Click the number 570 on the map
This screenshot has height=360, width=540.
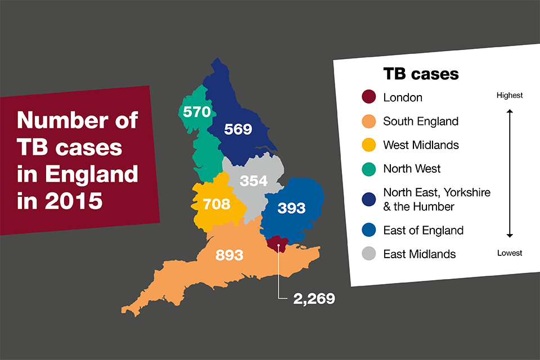coord(196,112)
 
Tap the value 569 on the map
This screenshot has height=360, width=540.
coord(238,129)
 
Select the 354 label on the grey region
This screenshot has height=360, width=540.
coord(254,181)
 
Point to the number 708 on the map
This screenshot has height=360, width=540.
coord(217,204)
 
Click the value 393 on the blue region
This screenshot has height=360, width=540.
coord(291,209)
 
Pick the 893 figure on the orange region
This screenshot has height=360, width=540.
coord(229,255)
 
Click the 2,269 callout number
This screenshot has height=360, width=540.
coord(314,299)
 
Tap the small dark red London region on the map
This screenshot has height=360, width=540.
coord(277,244)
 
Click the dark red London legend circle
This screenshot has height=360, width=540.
coord(368,97)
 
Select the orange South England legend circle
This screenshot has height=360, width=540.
coord(368,121)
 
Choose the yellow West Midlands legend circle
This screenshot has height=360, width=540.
coord(368,145)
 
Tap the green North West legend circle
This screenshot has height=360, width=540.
coord(368,169)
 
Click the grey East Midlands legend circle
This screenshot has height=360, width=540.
coord(368,254)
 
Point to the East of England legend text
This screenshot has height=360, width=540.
coord(423,230)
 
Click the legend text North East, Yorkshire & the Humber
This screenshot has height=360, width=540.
coord(436,199)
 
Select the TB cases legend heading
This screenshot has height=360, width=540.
coord(421,74)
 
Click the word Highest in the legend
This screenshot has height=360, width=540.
coord(509,96)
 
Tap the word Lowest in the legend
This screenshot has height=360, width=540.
coord(509,253)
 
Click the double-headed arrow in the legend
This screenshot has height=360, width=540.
coord(510,173)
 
